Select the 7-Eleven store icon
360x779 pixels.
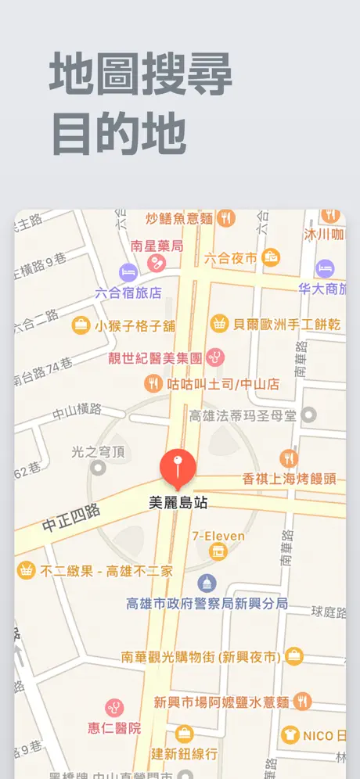[218, 551]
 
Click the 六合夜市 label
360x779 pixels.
[230, 257]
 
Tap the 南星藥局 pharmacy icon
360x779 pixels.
[157, 263]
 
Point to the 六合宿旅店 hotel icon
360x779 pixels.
[128, 273]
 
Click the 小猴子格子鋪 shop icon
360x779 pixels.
[81, 325]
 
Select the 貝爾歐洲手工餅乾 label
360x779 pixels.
[286, 324]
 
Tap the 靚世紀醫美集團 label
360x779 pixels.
[156, 358]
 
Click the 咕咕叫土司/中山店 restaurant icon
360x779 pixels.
[153, 383]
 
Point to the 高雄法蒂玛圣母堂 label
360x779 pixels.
[243, 415]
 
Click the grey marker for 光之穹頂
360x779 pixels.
[98, 468]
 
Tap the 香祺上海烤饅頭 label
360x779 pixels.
[289, 479]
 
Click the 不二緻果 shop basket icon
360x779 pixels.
[27, 570]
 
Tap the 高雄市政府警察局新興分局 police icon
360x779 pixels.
[207, 583]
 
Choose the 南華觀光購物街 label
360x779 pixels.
[201, 657]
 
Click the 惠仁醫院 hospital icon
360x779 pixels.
[114, 709]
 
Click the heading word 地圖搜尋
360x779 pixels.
[141, 76]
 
